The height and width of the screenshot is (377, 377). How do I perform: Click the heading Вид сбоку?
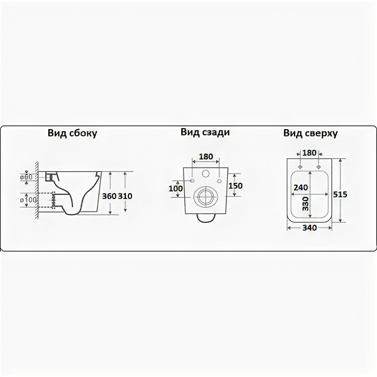pyautogui.click(x=72, y=133)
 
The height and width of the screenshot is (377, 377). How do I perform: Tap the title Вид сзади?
pyautogui.click(x=205, y=132)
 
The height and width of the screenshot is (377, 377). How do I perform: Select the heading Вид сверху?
pyautogui.click(x=311, y=133)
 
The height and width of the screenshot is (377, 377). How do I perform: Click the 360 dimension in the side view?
pyautogui.click(x=109, y=196)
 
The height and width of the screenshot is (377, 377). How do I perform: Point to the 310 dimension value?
pyautogui.click(x=125, y=196)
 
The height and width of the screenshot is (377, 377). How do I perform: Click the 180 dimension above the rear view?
pyautogui.click(x=205, y=156)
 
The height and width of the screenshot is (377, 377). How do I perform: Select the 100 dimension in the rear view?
pyautogui.click(x=175, y=188)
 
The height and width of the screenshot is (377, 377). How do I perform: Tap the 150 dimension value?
pyautogui.click(x=235, y=186)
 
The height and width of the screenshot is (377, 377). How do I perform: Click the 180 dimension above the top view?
pyautogui.click(x=309, y=153)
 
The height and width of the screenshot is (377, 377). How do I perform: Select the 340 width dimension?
pyautogui.click(x=310, y=229)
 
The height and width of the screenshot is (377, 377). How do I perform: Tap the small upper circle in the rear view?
pyautogui.click(x=205, y=173)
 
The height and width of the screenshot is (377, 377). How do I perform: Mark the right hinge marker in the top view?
pyautogui.click(x=319, y=166)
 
